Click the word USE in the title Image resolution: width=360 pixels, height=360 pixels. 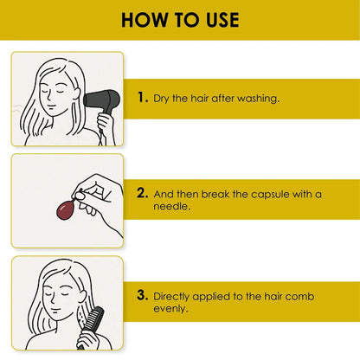(222, 20)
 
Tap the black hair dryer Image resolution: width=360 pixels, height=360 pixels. (101, 101)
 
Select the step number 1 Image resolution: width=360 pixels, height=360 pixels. (143, 98)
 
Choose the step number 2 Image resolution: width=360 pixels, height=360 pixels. (143, 193)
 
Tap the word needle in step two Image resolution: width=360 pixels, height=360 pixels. (171, 207)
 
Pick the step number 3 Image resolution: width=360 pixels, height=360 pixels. (143, 295)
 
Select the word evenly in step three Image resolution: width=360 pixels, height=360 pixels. (170, 309)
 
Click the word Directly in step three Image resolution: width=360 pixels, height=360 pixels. (171, 297)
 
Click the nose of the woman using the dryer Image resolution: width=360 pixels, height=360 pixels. (49, 97)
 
